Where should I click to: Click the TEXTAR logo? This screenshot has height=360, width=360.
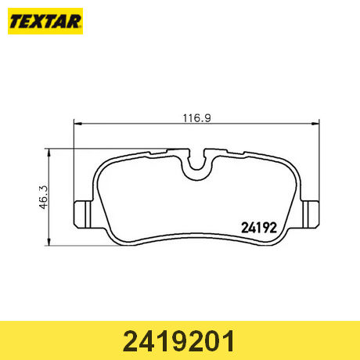(x=45, y=21)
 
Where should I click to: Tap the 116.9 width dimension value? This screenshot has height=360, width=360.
(x=196, y=118)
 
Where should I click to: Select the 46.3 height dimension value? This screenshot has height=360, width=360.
(x=44, y=197)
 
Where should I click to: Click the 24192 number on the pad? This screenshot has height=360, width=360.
(x=259, y=228)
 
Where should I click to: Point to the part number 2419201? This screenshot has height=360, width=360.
(x=178, y=341)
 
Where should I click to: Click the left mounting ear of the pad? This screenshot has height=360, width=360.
(x=83, y=214)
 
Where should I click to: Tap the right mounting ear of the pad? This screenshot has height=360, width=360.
(x=311, y=214)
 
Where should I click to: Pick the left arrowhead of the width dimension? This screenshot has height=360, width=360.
(x=78, y=124)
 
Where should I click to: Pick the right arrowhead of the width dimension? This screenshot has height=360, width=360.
(x=315, y=124)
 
